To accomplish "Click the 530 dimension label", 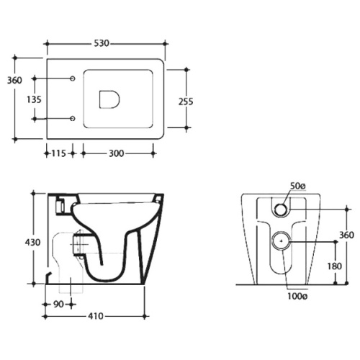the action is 102,43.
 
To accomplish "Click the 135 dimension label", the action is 34,99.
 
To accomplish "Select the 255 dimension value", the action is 186,102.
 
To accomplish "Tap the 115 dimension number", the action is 58,153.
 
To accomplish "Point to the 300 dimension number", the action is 117,153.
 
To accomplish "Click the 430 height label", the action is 32,243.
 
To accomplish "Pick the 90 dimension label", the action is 58,305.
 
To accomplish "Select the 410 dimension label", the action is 96,316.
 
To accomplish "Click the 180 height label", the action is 335,266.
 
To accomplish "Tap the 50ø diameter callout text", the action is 298,186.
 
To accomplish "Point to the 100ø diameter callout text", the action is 297,297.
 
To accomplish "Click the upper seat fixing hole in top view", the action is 73,78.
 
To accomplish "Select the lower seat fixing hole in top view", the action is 73,119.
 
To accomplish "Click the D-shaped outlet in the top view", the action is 99,99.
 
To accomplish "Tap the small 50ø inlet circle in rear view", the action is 282,209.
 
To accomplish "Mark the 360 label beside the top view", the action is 14,81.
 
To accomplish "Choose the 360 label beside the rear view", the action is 346,235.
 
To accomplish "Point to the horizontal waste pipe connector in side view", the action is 78,243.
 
